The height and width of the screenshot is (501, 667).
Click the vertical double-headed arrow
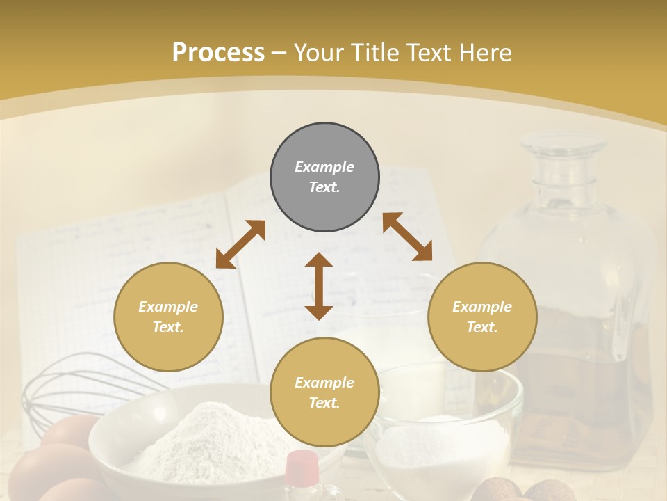pyautogui.click(x=319, y=286)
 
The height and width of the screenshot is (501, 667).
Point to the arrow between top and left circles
pyautogui.click(x=240, y=244)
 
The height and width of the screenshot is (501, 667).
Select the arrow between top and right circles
pyautogui.click(x=407, y=237)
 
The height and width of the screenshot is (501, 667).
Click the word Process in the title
pyautogui.click(x=218, y=52)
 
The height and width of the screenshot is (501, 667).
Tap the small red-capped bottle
pyautogui.click(x=302, y=473)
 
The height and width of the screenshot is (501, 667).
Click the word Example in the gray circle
pyautogui.click(x=324, y=167)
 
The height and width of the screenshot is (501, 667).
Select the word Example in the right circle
pyautogui.click(x=482, y=307)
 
